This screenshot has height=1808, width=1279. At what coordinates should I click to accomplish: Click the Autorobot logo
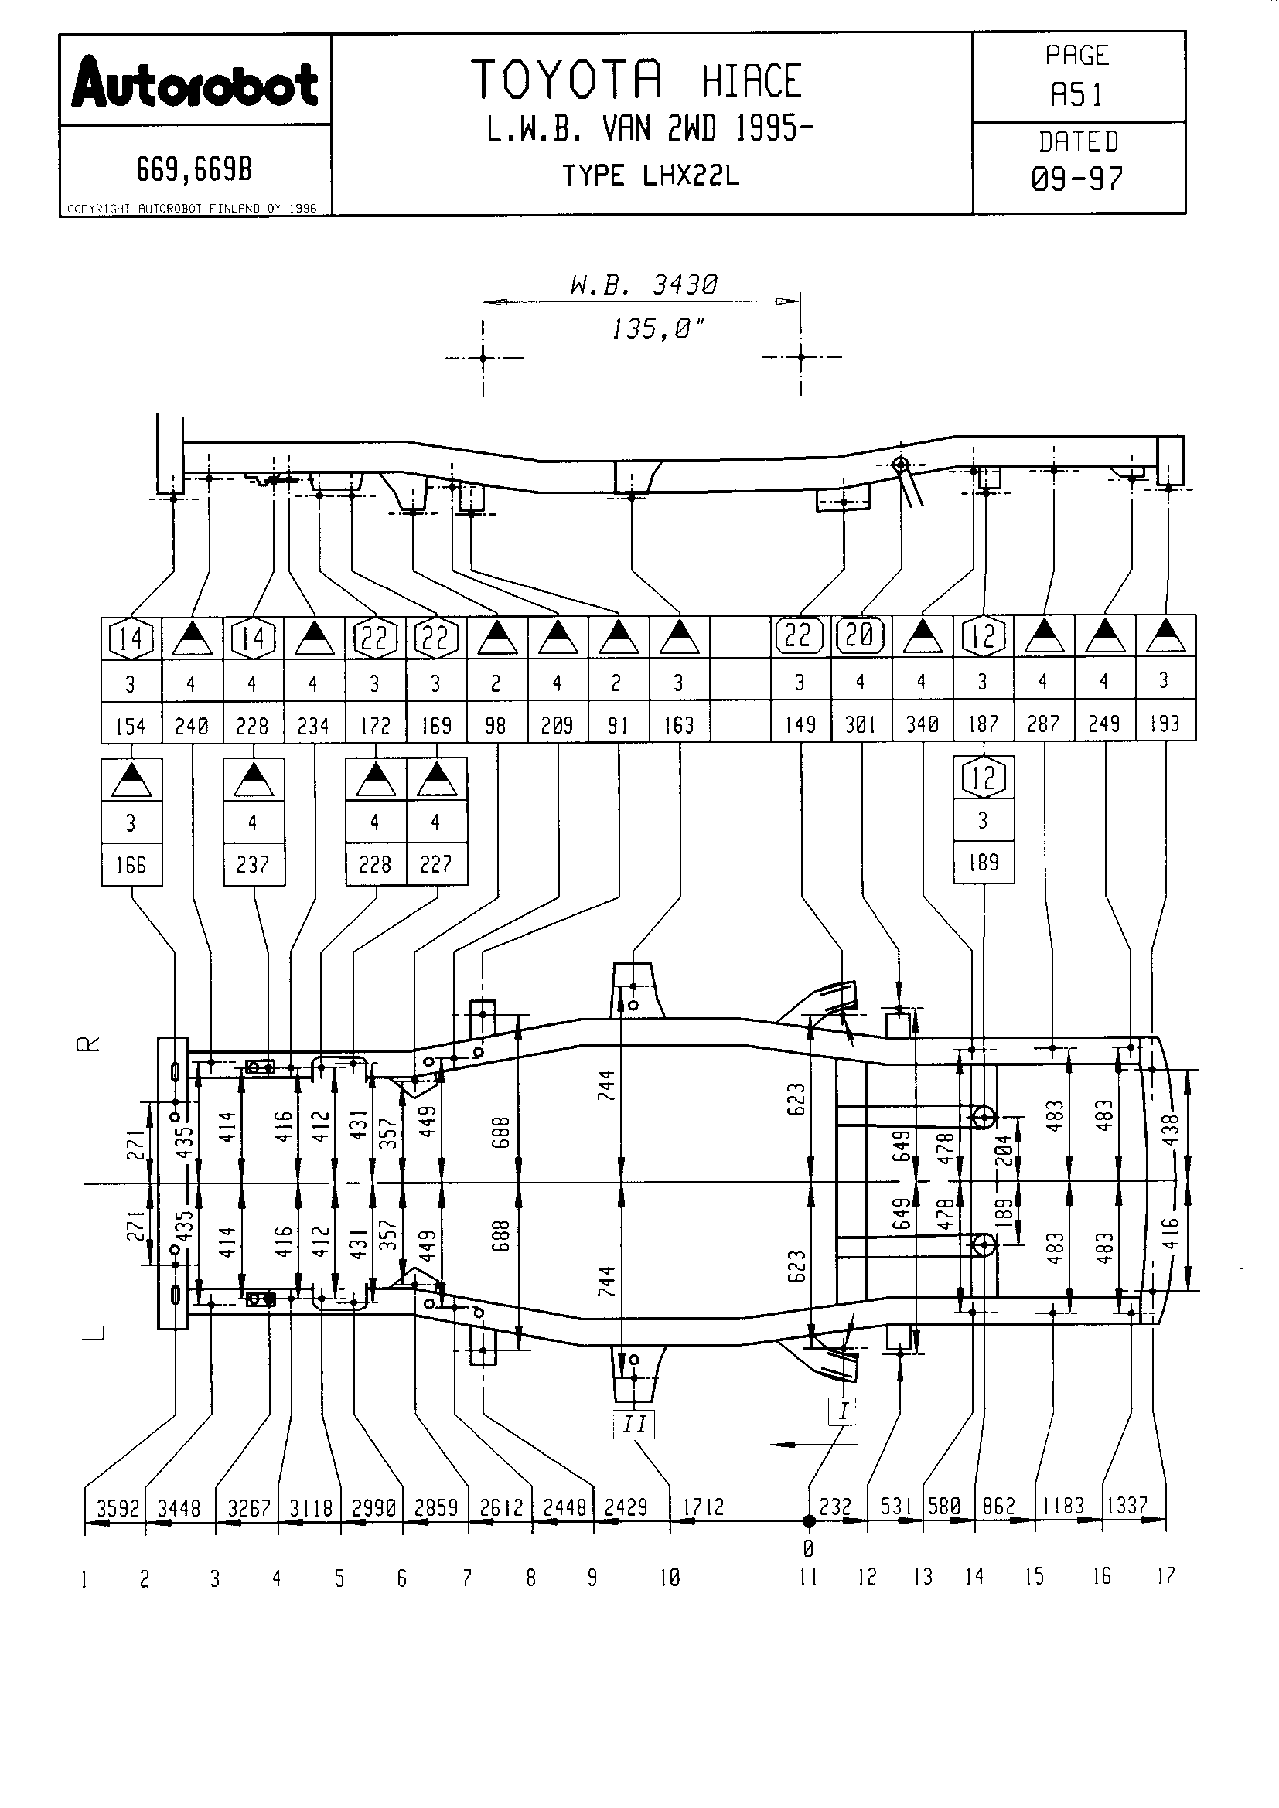(195, 83)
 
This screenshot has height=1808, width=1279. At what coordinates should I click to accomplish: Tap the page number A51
(1077, 94)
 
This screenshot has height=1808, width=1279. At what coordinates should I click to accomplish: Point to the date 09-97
(1077, 179)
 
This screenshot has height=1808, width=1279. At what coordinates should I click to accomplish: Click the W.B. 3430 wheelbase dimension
(643, 285)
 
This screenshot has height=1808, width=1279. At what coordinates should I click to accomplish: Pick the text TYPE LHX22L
(650, 175)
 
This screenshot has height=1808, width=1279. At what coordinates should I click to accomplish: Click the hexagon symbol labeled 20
(861, 635)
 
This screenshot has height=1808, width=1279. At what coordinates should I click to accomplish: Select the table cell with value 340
(923, 724)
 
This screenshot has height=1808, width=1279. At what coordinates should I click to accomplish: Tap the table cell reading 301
(861, 724)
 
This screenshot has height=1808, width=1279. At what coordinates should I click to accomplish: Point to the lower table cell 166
(131, 866)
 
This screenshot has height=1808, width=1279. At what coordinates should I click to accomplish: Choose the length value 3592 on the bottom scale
(118, 1508)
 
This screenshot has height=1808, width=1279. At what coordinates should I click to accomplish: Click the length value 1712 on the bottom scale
(702, 1507)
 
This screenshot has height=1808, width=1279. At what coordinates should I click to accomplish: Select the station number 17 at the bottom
(1165, 1575)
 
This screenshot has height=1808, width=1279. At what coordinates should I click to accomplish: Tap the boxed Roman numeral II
(635, 1424)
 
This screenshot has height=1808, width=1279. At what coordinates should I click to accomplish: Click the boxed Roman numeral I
(843, 1411)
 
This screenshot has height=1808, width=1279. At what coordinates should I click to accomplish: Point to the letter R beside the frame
(88, 1044)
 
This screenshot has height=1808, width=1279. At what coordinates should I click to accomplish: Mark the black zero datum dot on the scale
(808, 1522)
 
